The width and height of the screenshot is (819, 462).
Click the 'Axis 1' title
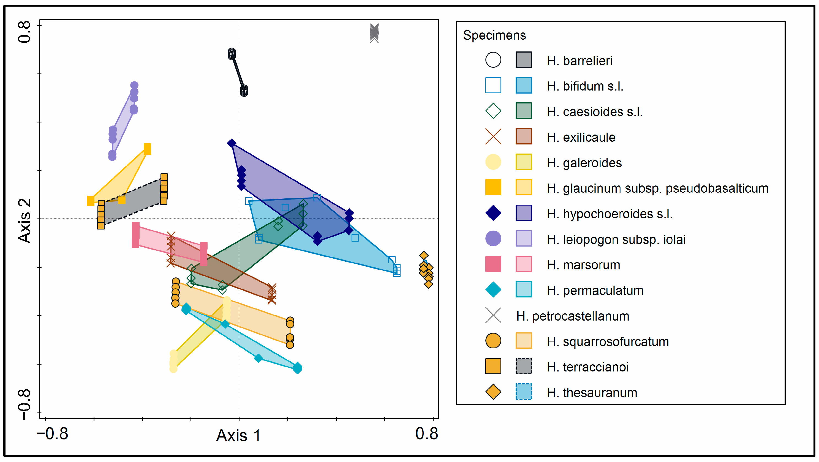(x=238, y=435)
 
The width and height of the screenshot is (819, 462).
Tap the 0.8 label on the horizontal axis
(x=426, y=434)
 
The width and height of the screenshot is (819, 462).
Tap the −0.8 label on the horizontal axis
(x=53, y=434)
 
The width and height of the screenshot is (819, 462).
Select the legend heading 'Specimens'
(x=494, y=35)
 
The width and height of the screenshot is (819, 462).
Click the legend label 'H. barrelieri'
(x=579, y=61)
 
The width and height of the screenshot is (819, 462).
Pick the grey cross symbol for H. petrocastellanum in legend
(x=493, y=316)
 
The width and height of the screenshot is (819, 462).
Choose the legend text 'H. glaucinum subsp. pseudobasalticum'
(x=657, y=188)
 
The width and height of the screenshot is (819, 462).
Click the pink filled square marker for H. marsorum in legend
(x=493, y=264)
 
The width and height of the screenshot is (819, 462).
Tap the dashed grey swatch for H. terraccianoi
(x=523, y=366)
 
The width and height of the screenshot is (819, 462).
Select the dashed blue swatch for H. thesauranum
(x=523, y=392)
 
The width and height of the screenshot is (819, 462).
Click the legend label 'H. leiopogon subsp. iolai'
(x=616, y=240)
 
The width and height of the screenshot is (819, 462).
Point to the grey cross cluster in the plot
(x=374, y=33)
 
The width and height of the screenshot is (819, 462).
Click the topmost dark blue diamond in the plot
(x=232, y=143)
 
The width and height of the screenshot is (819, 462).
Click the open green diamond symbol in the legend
(x=493, y=111)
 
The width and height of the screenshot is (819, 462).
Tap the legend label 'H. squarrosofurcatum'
(x=608, y=341)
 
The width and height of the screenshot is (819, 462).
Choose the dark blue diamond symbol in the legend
(x=493, y=213)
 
